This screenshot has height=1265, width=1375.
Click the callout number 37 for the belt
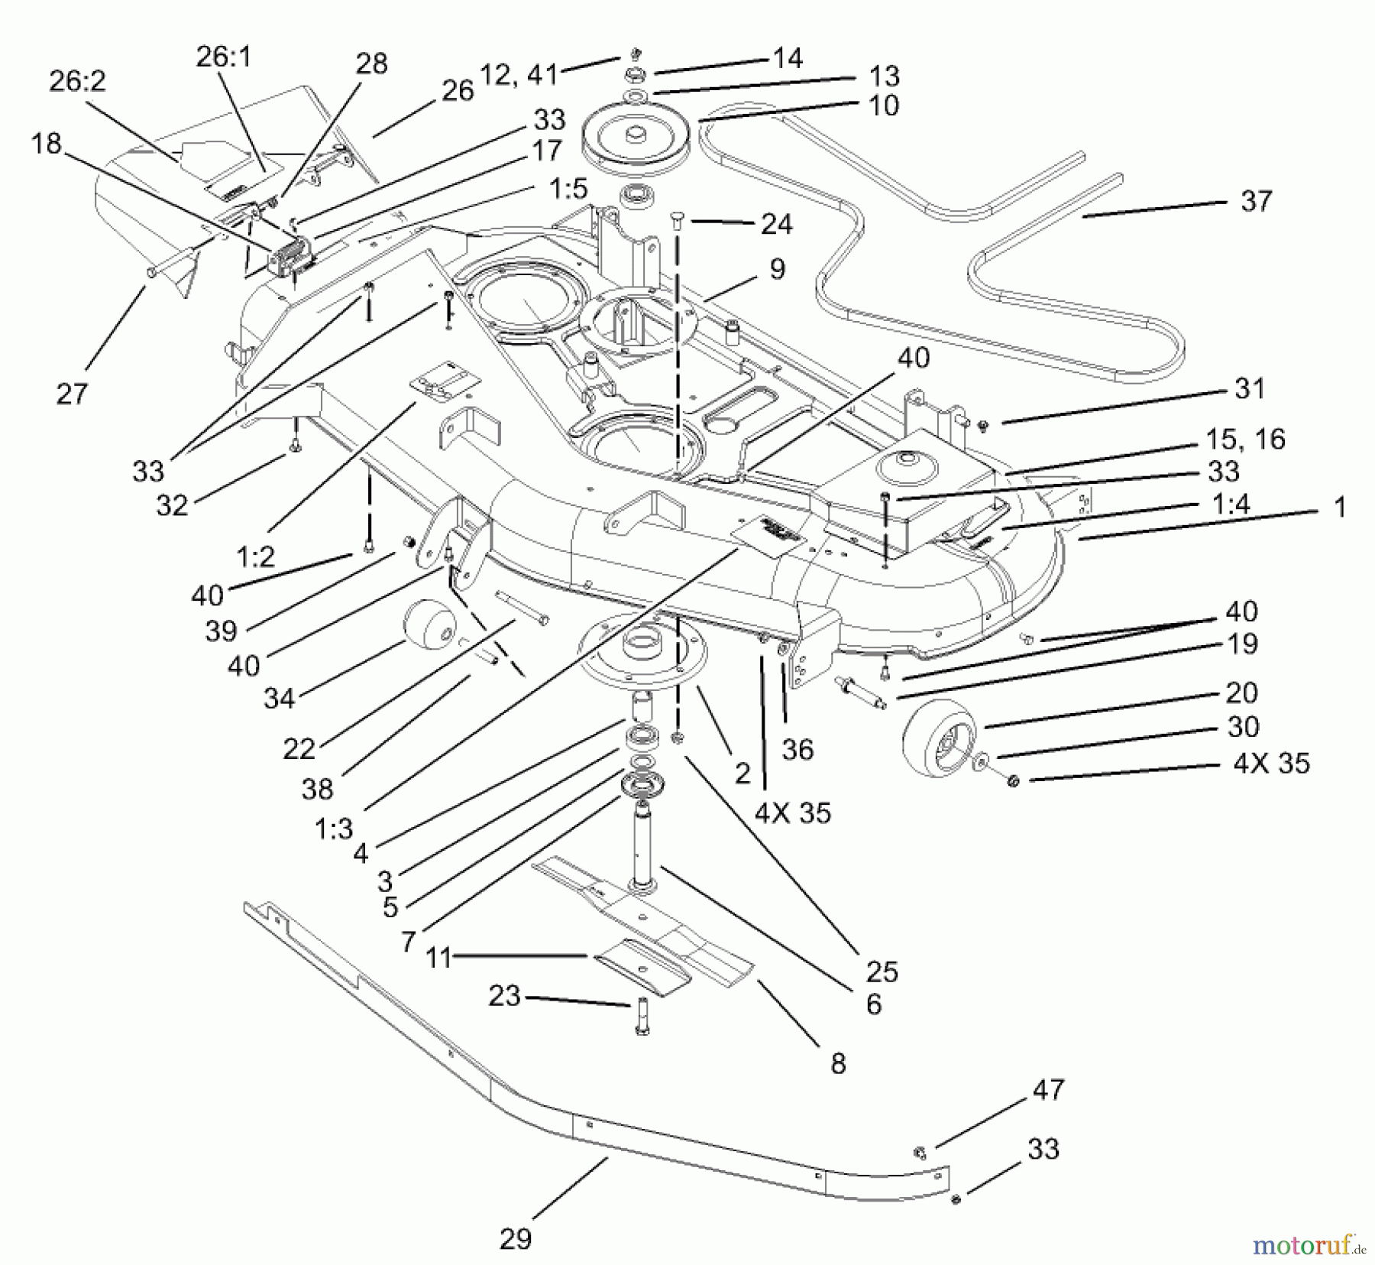1256,201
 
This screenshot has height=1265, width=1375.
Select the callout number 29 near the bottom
515,1238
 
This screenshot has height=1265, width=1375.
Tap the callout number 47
1047,1089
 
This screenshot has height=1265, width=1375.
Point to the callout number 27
72,394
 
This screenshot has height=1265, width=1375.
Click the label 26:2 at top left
77,81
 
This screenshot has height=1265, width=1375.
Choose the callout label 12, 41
519,74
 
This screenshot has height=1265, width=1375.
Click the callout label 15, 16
1245,439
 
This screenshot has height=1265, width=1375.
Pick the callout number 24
777,224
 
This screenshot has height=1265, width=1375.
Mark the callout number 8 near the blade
838,1063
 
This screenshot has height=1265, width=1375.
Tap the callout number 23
503,995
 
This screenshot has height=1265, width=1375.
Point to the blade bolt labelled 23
641,1017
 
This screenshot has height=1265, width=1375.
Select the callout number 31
1250,388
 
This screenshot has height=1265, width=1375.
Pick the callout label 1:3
334,829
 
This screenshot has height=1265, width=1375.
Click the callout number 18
46,143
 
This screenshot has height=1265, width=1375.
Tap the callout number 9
777,269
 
